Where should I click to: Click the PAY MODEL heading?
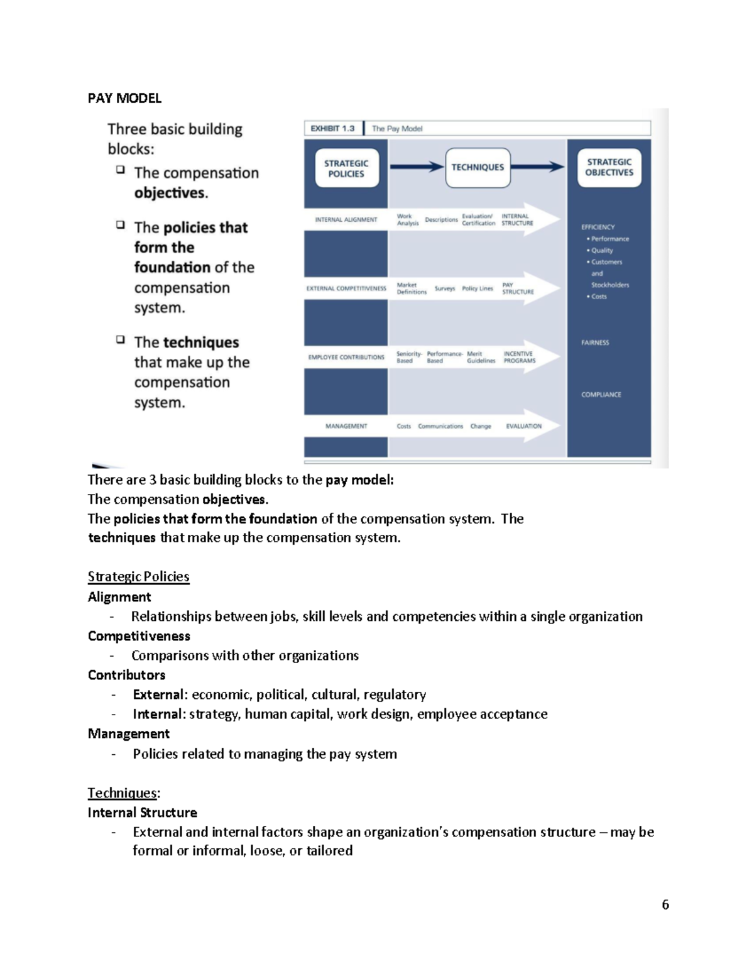pyautogui.click(x=124, y=98)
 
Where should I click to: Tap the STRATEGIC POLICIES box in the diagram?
pyautogui.click(x=346, y=168)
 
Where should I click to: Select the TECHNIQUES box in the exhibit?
pyautogui.click(x=478, y=167)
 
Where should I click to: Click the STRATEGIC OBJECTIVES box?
pyautogui.click(x=609, y=167)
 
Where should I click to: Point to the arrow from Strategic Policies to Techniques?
pyautogui.click(x=417, y=167)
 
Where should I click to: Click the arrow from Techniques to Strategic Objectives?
pyautogui.click(x=538, y=167)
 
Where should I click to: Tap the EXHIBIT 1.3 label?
pyautogui.click(x=332, y=128)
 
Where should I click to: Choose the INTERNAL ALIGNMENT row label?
pyautogui.click(x=346, y=219)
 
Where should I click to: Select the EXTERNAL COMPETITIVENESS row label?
pyautogui.click(x=346, y=288)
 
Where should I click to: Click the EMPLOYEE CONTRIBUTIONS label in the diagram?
pyautogui.click(x=346, y=357)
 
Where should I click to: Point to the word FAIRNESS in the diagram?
pyautogui.click(x=595, y=343)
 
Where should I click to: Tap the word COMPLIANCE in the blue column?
pyautogui.click(x=601, y=395)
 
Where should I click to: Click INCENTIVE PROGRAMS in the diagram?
pyautogui.click(x=520, y=357)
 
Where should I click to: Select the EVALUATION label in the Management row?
pyautogui.click(x=524, y=426)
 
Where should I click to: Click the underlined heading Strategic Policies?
pyautogui.click(x=138, y=576)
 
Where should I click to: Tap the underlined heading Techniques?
pyautogui.click(x=123, y=793)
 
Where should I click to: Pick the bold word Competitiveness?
pyautogui.click(x=139, y=636)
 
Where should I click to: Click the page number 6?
pyautogui.click(x=665, y=904)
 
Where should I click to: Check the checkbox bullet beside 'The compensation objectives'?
pyautogui.click(x=120, y=170)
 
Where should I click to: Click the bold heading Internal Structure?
pyautogui.click(x=143, y=813)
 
